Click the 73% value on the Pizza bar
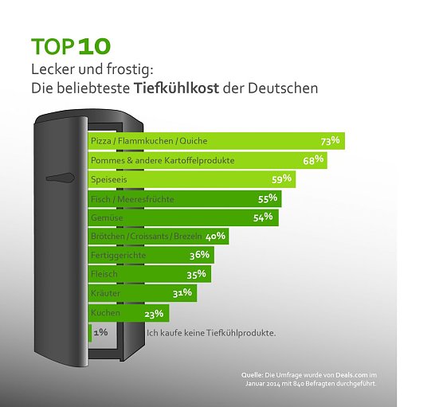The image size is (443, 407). pyautogui.click(x=330, y=141)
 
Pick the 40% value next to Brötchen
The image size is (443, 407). pyautogui.click(x=217, y=236)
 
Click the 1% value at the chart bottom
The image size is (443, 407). pyautogui.click(x=101, y=332)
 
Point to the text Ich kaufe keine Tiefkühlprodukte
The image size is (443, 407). pyautogui.click(x=211, y=332)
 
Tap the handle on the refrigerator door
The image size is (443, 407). pyautogui.click(x=60, y=178)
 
